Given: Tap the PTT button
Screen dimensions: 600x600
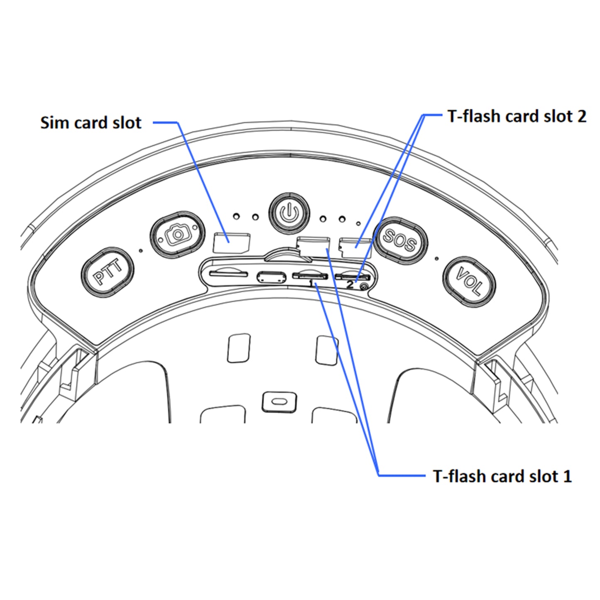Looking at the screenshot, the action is (108, 272).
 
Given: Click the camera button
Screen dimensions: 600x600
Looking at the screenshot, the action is (177, 234).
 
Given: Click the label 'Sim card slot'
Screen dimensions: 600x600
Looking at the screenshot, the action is (91, 122).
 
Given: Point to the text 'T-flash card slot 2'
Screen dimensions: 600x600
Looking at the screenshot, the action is (517, 116).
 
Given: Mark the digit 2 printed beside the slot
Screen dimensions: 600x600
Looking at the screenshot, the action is (350, 284).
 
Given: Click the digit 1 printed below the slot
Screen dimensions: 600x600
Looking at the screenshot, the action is (311, 283).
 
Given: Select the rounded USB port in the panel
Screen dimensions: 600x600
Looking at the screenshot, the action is (271, 277).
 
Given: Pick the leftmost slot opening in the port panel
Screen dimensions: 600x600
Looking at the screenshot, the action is (228, 274).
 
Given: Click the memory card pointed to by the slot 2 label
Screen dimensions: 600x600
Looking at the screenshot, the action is (354, 247).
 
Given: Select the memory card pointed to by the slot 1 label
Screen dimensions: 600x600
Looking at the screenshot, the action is (313, 247).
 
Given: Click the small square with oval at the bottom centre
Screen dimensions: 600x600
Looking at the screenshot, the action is (279, 402).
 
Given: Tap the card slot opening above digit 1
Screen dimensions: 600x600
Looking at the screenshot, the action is (310, 276).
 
